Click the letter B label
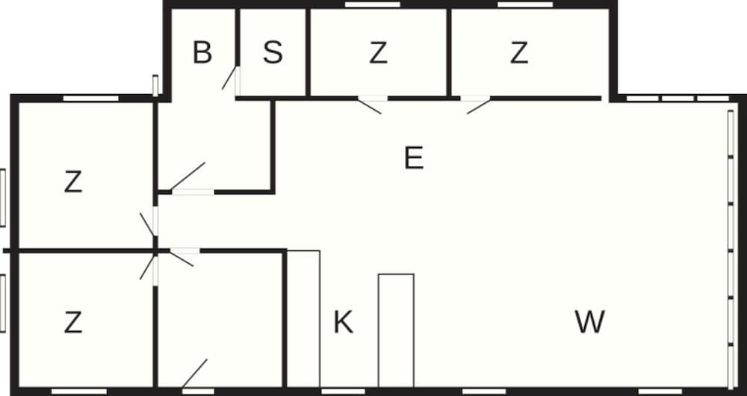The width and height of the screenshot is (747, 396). (x=202, y=52)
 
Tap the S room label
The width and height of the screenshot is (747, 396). (x=273, y=52)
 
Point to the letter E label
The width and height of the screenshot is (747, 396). (x=414, y=158)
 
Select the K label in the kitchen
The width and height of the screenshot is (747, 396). (x=343, y=322)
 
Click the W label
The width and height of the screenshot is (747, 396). (x=590, y=322)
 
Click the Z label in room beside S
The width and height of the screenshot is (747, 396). (x=378, y=53)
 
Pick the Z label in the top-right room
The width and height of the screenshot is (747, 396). (x=519, y=53)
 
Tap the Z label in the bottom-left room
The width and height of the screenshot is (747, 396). (x=73, y=322)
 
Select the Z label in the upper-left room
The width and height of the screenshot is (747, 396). (x=73, y=182)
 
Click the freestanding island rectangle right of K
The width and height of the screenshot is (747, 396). (x=396, y=330)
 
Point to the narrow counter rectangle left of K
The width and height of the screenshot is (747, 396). (x=303, y=318)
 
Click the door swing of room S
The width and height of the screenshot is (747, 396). (x=229, y=78)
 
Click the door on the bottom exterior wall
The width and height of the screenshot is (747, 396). (x=195, y=373)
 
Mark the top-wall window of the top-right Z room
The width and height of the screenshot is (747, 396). (x=525, y=4)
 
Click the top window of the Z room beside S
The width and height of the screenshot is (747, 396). (x=373, y=4)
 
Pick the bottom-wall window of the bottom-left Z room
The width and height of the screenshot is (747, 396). (x=79, y=392)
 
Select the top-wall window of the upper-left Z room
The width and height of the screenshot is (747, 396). (x=90, y=99)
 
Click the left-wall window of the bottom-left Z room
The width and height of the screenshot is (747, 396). (x=2, y=303)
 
